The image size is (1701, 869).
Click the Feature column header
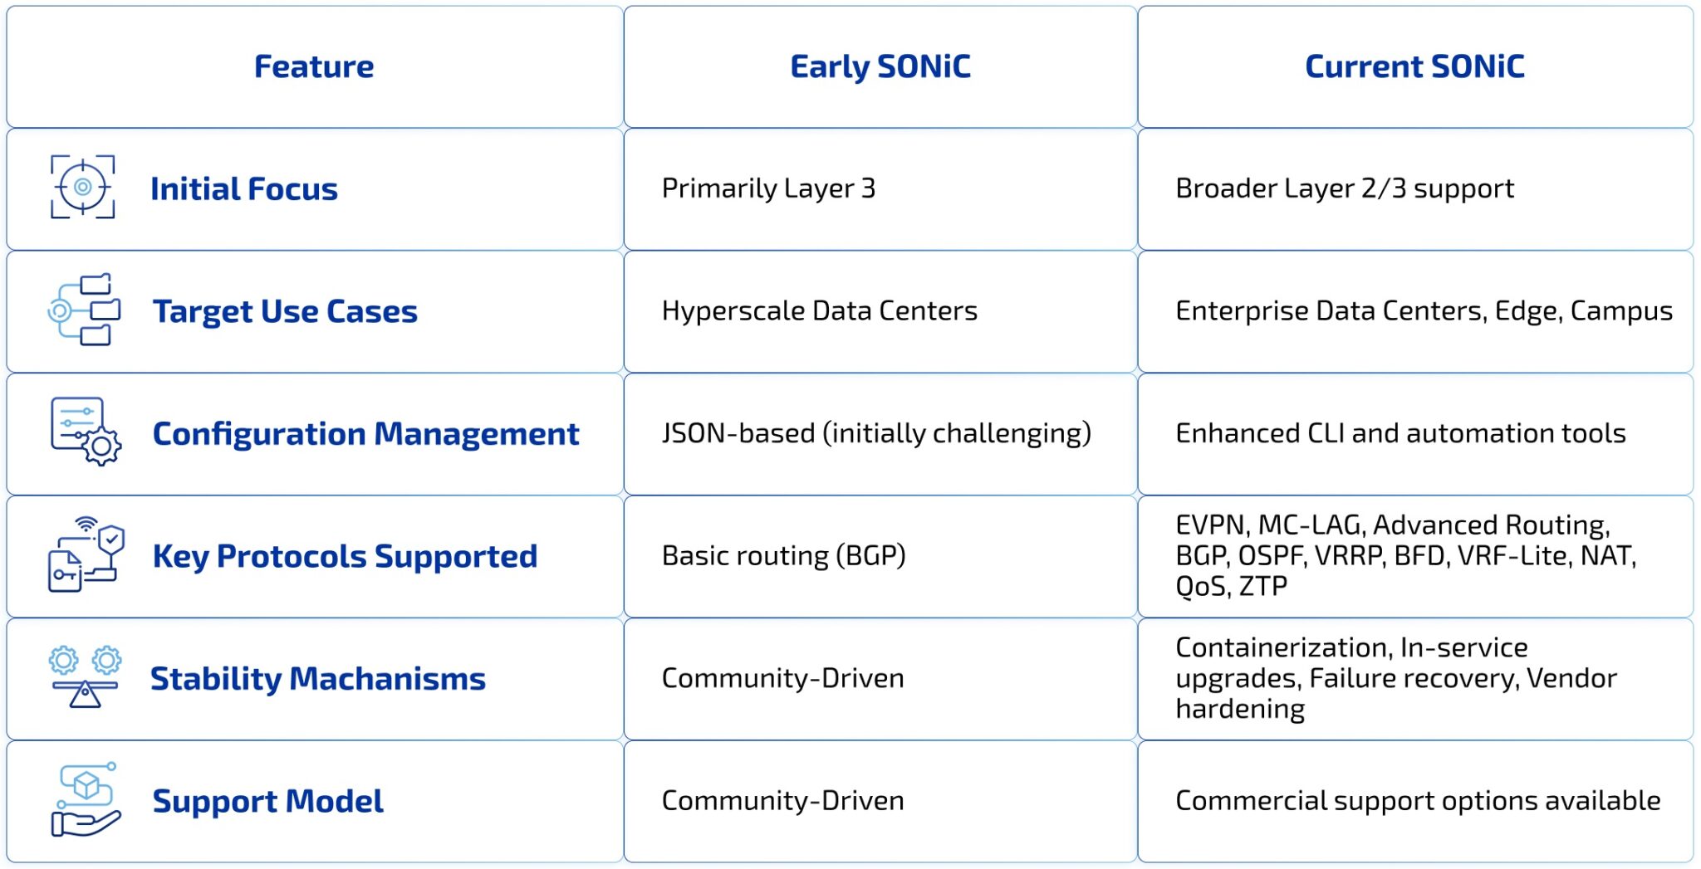point(313,66)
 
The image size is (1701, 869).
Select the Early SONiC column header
point(880,66)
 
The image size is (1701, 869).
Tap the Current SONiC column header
point(1414,66)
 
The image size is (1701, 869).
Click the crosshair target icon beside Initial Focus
point(82,188)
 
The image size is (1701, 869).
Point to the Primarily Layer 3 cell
point(768,188)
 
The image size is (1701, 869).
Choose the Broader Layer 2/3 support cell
point(1344,188)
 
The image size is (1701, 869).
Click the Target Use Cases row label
point(285,311)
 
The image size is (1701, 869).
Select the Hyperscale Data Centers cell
point(819,310)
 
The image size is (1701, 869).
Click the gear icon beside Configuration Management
point(101,447)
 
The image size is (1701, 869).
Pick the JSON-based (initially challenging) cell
point(875,433)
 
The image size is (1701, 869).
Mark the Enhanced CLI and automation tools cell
point(1400,433)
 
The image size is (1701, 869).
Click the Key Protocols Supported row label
point(345,556)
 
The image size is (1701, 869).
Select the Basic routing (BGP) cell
point(783,555)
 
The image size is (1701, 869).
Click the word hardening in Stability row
point(1240,709)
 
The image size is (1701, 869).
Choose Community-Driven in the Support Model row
point(782,800)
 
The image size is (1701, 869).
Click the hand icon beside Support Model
point(86,822)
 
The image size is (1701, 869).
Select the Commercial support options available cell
point(1417,800)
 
